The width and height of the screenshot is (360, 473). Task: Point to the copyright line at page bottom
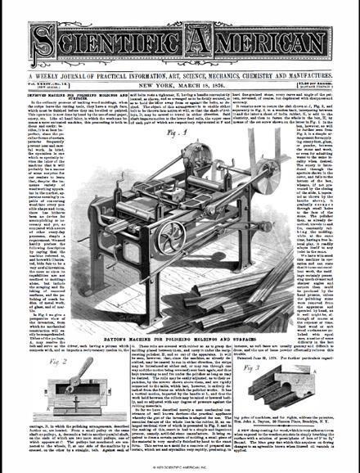coord(179,467)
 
